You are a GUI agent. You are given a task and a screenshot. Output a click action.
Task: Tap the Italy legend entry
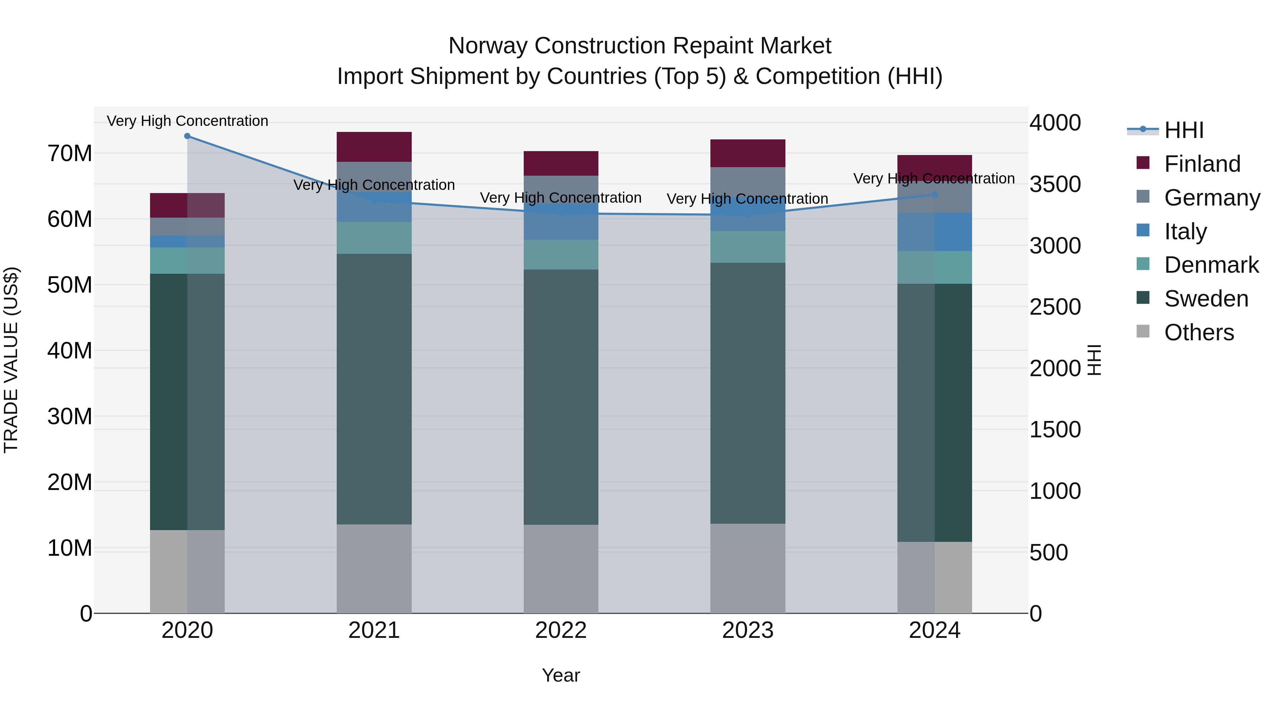1185,231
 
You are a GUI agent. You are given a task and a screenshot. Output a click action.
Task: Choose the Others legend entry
1199,332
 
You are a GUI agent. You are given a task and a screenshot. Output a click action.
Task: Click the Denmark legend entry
1211,265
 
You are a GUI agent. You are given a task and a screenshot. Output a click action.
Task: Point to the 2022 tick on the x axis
560,630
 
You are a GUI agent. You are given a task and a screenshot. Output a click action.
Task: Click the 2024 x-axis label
934,630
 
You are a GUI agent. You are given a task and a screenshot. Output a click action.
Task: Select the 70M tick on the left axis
70,154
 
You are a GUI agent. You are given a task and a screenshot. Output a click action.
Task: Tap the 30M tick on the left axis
70,416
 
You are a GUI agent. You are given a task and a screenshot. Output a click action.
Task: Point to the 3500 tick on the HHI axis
1055,184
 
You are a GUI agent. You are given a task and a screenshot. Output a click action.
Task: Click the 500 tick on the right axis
1049,553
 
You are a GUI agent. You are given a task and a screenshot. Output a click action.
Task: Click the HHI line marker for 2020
187,136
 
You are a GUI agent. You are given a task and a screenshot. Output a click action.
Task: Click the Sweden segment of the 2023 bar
747,393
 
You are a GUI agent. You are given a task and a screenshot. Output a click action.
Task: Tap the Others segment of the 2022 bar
560,569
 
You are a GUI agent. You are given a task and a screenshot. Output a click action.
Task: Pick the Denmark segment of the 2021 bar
374,238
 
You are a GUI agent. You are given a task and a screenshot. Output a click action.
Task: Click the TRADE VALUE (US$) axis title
11,360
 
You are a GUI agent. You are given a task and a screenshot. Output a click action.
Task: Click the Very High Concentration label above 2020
187,121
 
